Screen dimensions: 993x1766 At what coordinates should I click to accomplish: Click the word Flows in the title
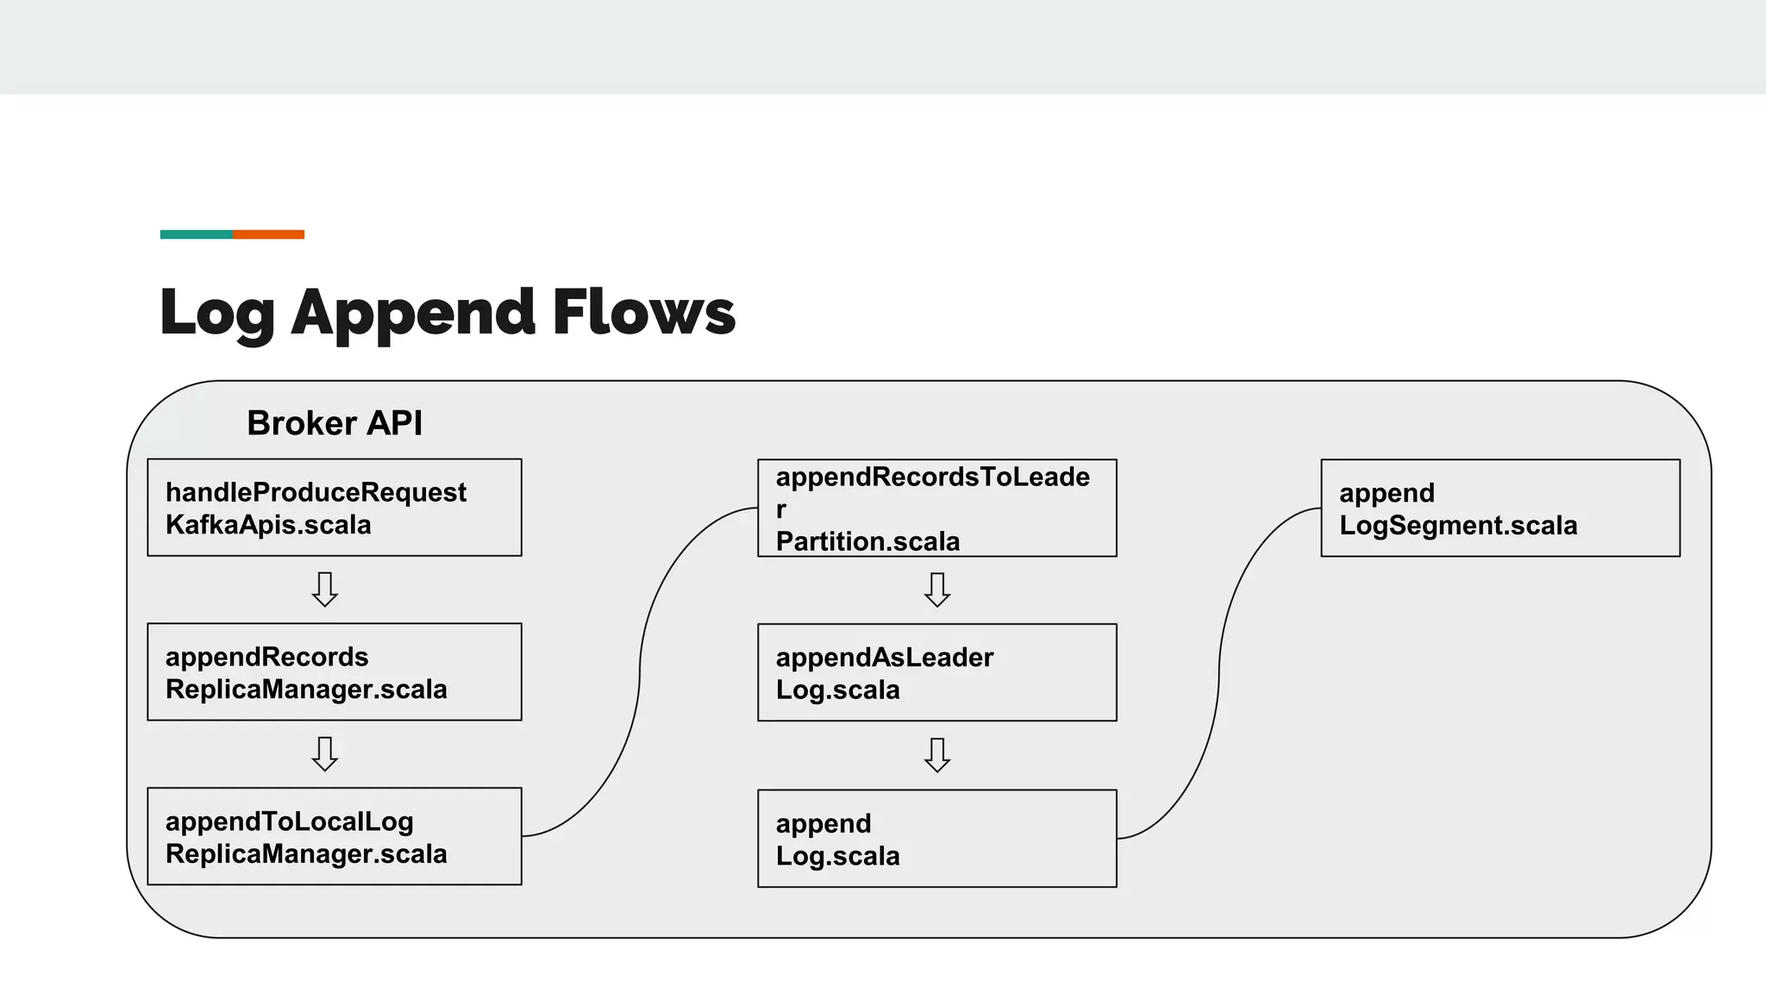[643, 312]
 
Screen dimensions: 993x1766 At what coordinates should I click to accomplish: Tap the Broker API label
[335, 423]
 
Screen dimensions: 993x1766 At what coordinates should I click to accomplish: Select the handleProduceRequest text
[316, 492]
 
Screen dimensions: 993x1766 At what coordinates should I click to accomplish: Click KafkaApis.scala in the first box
[268, 525]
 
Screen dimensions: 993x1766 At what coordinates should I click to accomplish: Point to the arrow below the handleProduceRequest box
[325, 590]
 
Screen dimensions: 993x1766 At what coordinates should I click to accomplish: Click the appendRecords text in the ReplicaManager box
[266, 657]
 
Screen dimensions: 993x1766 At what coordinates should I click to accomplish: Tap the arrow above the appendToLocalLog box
[325, 754]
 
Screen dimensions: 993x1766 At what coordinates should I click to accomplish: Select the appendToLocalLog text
[290, 821]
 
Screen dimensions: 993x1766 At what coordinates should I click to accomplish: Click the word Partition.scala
[867, 541]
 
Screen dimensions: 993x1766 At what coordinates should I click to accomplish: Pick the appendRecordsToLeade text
[932, 477]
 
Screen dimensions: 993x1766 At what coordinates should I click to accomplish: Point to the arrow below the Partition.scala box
[937, 590]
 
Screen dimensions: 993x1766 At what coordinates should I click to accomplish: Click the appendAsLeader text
[884, 658]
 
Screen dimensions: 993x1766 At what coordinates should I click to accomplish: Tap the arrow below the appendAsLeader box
[937, 755]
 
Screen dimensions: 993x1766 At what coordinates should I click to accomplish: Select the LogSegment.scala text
[1457, 526]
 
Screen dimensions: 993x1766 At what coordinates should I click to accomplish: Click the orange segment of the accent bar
[268, 234]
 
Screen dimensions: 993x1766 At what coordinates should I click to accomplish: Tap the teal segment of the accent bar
[197, 234]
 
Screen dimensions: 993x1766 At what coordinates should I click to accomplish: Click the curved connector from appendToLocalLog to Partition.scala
[640, 672]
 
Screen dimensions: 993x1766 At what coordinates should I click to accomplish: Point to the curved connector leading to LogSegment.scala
[1219, 672]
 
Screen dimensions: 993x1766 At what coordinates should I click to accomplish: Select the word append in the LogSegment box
[1387, 493]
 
